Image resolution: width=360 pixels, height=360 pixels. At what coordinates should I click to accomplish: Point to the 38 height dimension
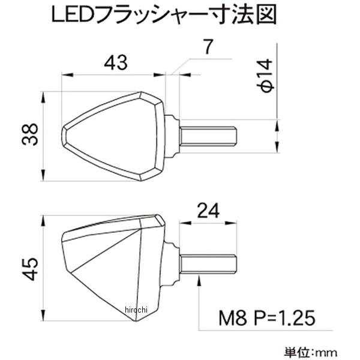pos(29,136)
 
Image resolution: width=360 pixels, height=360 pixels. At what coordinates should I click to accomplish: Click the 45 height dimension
pos(29,268)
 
